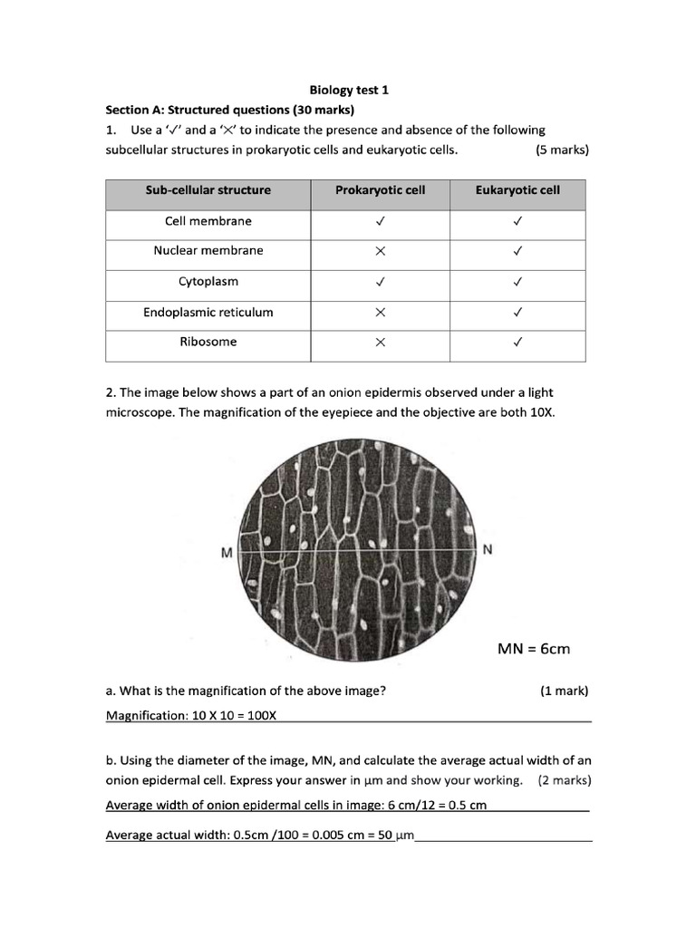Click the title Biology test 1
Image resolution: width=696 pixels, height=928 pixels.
click(x=349, y=91)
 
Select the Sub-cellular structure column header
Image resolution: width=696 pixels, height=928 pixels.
click(x=208, y=190)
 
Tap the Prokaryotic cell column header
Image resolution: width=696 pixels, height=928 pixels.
click(x=380, y=190)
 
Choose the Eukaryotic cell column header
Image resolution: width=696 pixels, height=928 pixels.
click(x=517, y=190)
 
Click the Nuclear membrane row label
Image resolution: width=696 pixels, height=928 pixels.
click(x=208, y=251)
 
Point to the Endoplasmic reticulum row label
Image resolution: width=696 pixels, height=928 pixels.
click(x=208, y=313)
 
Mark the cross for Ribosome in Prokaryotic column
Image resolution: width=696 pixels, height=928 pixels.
click(x=381, y=343)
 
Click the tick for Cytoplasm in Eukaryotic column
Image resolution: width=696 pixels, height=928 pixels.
click(x=517, y=282)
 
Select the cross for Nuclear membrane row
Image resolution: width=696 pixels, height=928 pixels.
click(x=381, y=252)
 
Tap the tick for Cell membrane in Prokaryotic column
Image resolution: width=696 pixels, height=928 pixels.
click(x=381, y=221)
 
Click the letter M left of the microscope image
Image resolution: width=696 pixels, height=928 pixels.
click(x=227, y=552)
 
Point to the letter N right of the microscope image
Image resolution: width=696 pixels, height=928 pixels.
click(x=488, y=550)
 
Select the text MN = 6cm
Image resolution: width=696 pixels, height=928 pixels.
click(x=534, y=649)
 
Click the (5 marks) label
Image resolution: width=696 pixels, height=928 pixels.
click(x=562, y=150)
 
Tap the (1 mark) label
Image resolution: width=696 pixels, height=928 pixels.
click(x=564, y=691)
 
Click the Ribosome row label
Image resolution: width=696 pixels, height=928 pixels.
click(x=208, y=343)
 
